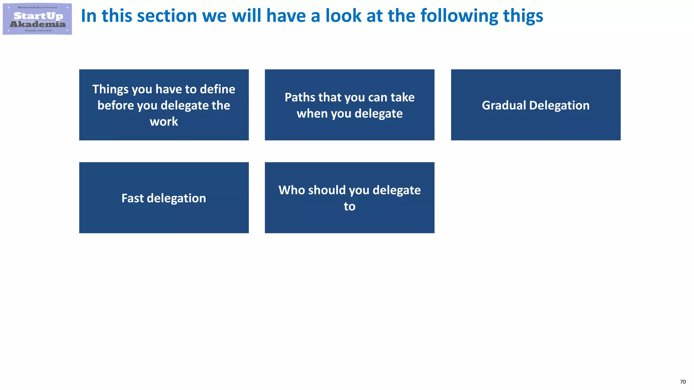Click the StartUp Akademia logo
click(x=37, y=19)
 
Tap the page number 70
click(x=683, y=382)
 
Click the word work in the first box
click(x=164, y=122)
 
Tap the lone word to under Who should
click(x=349, y=207)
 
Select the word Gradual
click(x=504, y=106)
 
